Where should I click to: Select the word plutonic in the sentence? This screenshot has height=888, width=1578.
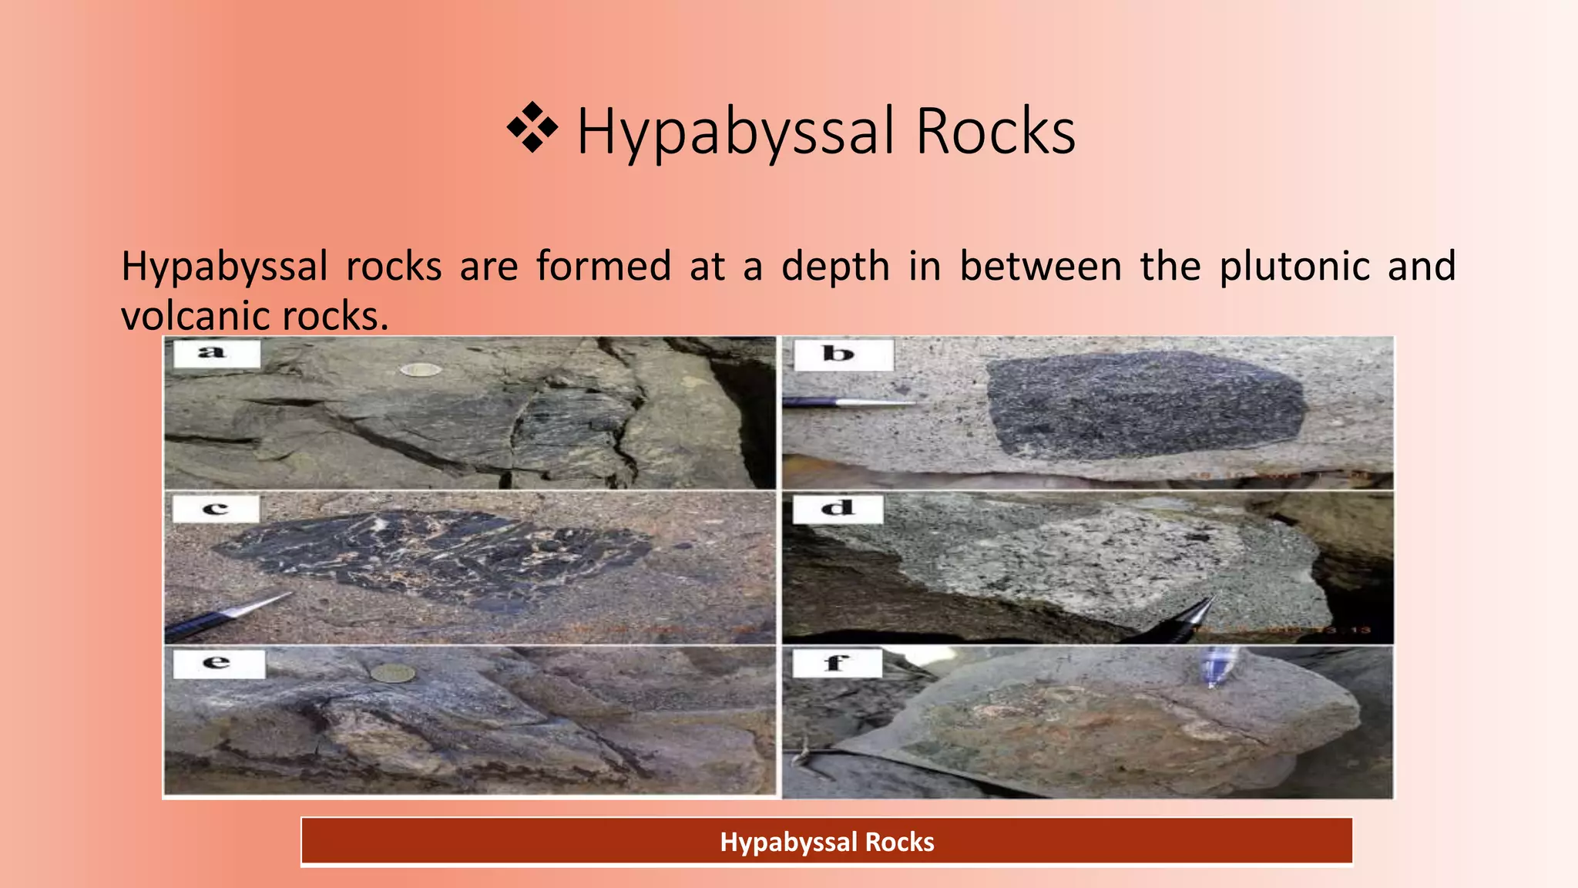[1294, 267]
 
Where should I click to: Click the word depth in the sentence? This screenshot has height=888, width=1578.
[835, 267]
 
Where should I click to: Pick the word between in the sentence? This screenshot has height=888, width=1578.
[1040, 267]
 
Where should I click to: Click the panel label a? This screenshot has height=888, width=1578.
[212, 354]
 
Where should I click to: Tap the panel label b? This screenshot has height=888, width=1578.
[839, 355]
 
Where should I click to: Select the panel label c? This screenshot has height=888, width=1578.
[215, 509]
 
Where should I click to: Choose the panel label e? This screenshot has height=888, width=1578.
[217, 663]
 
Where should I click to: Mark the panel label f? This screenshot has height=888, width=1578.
[837, 663]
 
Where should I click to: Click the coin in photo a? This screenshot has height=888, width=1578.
[421, 371]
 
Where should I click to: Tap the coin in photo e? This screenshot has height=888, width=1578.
[393, 674]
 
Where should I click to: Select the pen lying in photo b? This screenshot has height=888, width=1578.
[848, 402]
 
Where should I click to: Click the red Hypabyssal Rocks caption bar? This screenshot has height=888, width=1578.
[827, 842]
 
